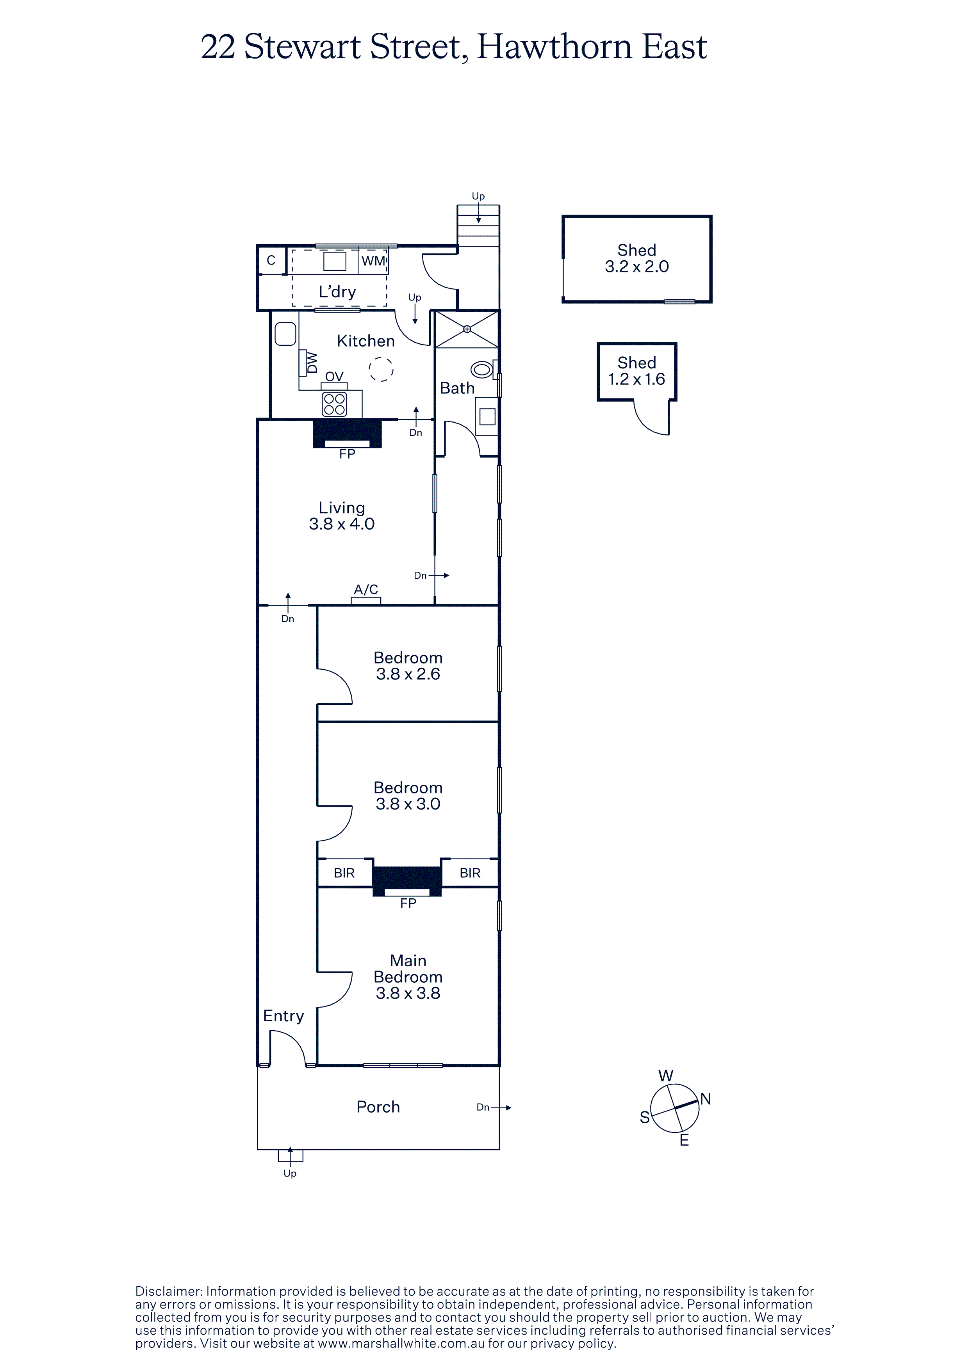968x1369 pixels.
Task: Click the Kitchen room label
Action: (x=365, y=341)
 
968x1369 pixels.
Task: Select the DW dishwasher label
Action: (x=312, y=363)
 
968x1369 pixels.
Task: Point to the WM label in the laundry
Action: (x=373, y=261)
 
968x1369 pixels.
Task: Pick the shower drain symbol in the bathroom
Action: (x=467, y=329)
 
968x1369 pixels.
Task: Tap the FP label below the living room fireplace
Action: (x=347, y=454)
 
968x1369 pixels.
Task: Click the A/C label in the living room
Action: (x=366, y=589)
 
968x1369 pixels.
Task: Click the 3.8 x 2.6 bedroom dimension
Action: (x=408, y=674)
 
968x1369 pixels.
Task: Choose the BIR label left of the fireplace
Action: (x=344, y=873)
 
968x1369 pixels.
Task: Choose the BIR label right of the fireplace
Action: (x=470, y=873)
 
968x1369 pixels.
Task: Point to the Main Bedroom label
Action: (x=408, y=969)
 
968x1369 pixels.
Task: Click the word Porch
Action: (x=378, y=1107)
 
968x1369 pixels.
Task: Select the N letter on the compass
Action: (x=706, y=1099)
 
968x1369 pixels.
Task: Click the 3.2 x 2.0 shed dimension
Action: (x=637, y=267)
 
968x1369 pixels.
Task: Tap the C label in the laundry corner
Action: (x=271, y=261)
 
